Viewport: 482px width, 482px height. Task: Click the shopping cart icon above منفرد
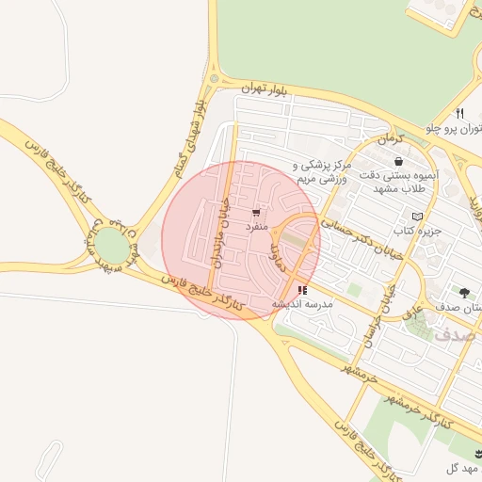(256, 213)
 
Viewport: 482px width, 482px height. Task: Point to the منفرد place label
(257, 227)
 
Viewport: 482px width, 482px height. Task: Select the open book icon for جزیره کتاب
(417, 216)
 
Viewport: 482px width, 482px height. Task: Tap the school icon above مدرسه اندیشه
(301, 290)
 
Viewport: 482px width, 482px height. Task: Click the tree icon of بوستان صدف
(463, 293)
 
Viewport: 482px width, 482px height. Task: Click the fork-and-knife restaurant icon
(458, 113)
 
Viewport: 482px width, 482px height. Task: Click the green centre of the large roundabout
(111, 248)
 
